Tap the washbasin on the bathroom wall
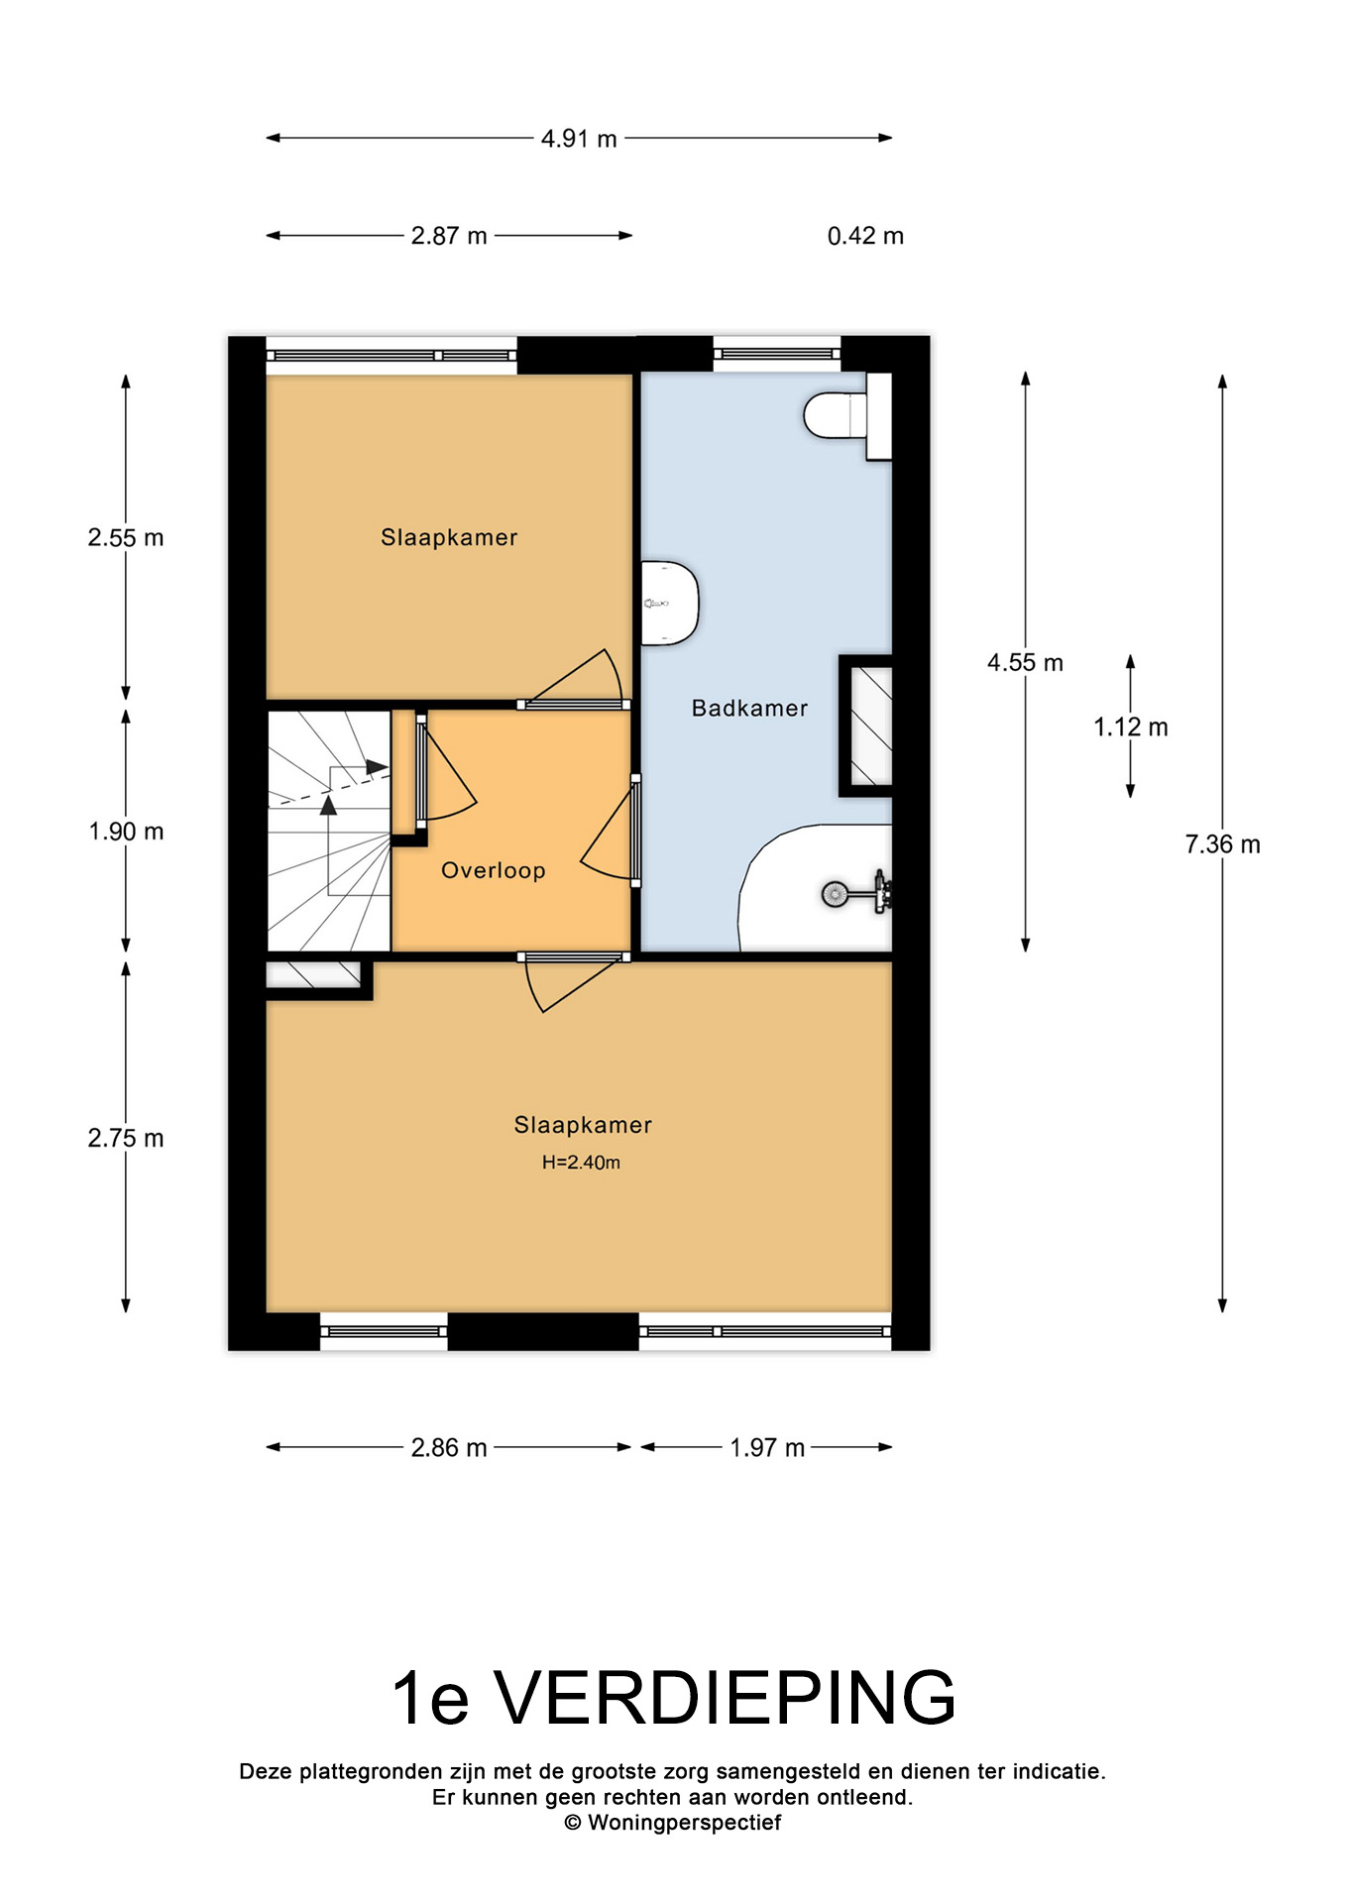pos(670,603)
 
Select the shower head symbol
pos(834,894)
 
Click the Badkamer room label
pos(749,708)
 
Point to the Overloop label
pos(494,870)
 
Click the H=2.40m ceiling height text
pos(581,1163)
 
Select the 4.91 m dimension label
pos(579,139)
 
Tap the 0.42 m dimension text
pos(865,236)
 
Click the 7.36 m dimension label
pos(1222,844)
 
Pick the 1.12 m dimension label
pos(1131,728)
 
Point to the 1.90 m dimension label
pos(126,832)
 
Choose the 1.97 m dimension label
pos(767,1448)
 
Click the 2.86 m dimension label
pos(449,1448)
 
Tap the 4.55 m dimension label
pos(1025,663)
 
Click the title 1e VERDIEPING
pos(674,1698)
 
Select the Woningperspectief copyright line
pos(673,1823)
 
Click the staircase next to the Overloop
pos(329,831)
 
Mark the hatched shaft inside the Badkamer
pos(867,726)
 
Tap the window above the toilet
pos(777,353)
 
